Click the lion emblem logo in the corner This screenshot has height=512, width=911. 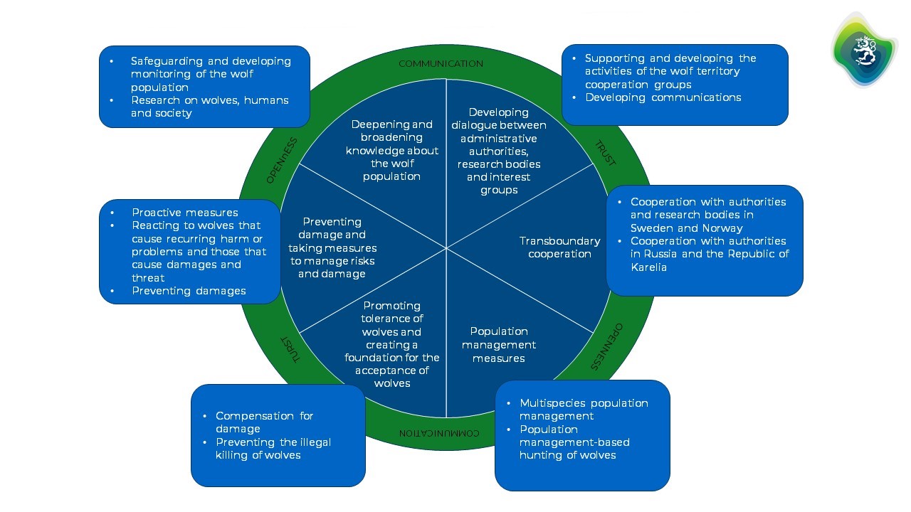tap(864, 48)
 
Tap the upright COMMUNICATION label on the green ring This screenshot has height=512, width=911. tap(441, 64)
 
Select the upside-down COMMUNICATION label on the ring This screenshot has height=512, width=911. tap(439, 432)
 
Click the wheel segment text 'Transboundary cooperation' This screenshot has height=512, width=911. tap(559, 247)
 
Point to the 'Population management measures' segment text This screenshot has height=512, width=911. tap(498, 345)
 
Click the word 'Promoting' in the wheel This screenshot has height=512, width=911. tap(392, 306)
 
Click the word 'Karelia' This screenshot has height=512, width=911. tap(649, 267)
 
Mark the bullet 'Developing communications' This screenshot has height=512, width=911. tap(663, 97)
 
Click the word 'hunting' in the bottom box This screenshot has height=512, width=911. tap(540, 455)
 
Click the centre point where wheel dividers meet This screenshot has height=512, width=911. tap(446, 247)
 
